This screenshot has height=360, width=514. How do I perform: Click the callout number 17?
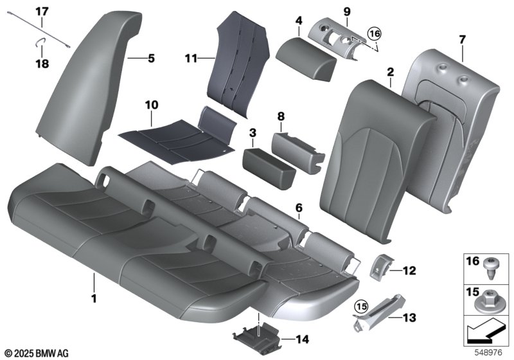42,12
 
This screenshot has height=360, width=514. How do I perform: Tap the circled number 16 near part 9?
375,33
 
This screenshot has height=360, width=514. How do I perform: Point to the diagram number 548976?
488,352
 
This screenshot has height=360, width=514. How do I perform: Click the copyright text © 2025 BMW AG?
37,353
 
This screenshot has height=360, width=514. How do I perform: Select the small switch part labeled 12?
379,265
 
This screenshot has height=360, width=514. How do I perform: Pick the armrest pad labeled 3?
269,168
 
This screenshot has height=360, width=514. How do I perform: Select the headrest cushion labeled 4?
306,59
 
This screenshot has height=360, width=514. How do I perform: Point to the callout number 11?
191,59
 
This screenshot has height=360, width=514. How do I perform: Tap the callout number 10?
152,105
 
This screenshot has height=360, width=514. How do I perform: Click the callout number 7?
462,40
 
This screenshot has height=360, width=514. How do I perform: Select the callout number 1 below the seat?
94,299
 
